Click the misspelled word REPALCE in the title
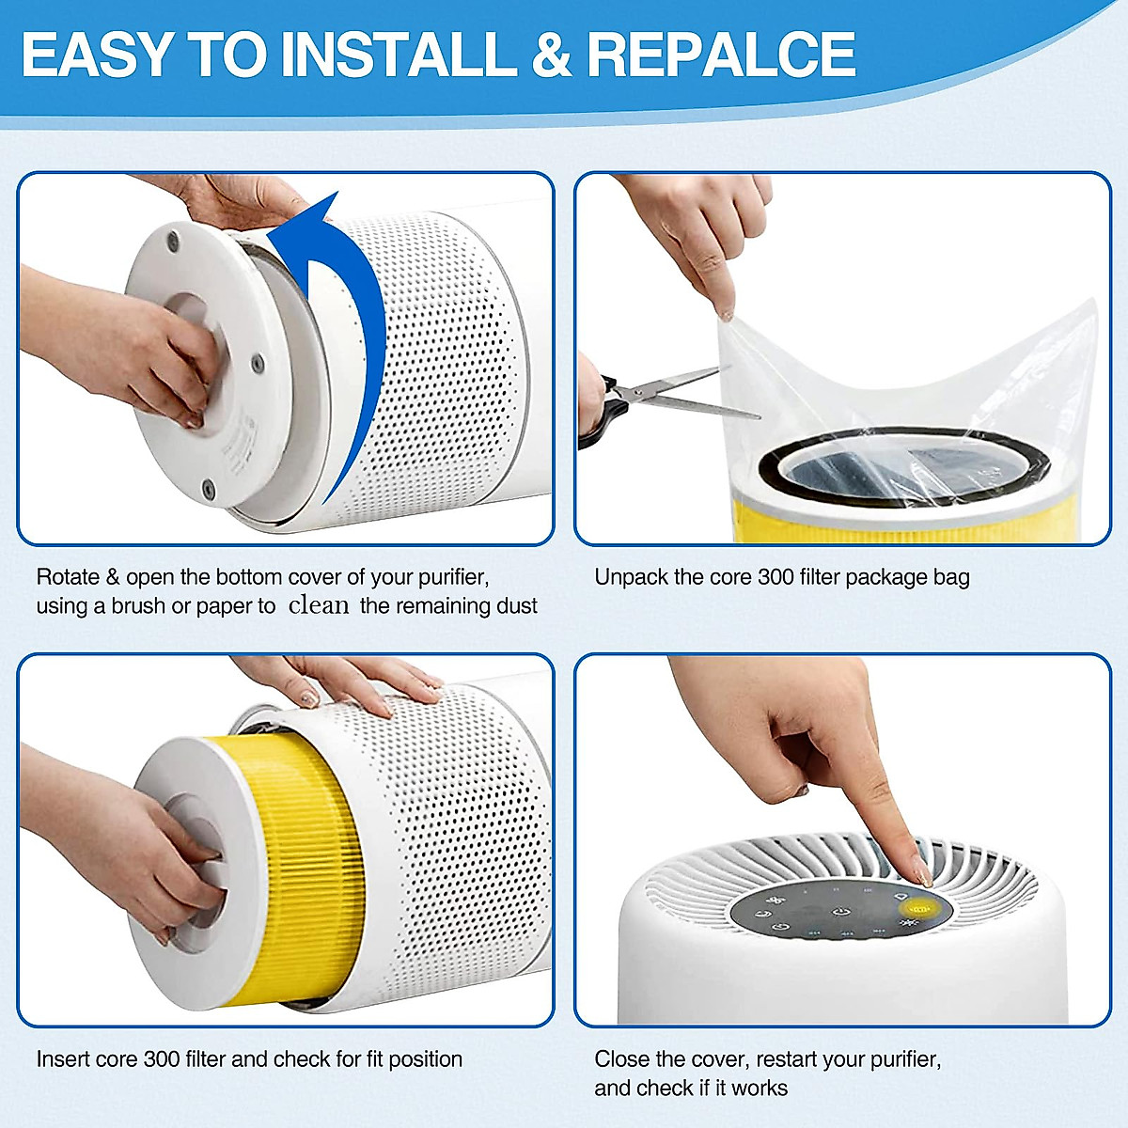pos(721,54)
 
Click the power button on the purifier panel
pos(839,911)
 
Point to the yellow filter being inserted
pos(282,846)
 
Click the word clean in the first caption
pos(319,605)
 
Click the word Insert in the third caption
pos(68,1058)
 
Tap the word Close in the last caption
pos(622,1058)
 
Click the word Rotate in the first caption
pos(68,576)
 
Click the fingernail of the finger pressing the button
pos(922,875)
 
